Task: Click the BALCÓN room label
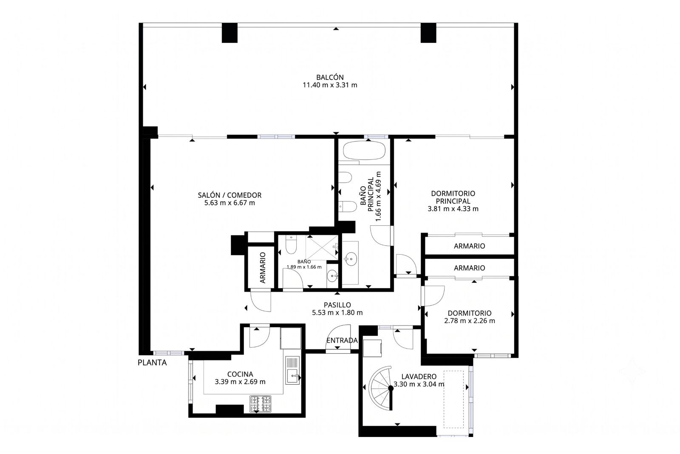[x=330, y=77]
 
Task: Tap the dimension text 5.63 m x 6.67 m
[x=229, y=203]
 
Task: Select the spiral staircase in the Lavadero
[x=381, y=388]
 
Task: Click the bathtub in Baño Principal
[x=364, y=150]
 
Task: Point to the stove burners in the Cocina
[x=261, y=403]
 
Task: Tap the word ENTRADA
[x=342, y=340]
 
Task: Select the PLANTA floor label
[x=152, y=363]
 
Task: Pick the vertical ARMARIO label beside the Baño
[x=263, y=267]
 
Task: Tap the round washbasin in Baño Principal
[x=351, y=259]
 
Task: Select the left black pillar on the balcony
[x=229, y=33]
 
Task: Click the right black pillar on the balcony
[x=428, y=33]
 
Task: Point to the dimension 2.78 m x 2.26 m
[x=470, y=321]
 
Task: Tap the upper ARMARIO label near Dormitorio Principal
[x=469, y=246]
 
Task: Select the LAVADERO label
[x=419, y=377]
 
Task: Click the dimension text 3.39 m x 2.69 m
[x=240, y=382]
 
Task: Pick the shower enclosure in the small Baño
[x=322, y=247]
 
